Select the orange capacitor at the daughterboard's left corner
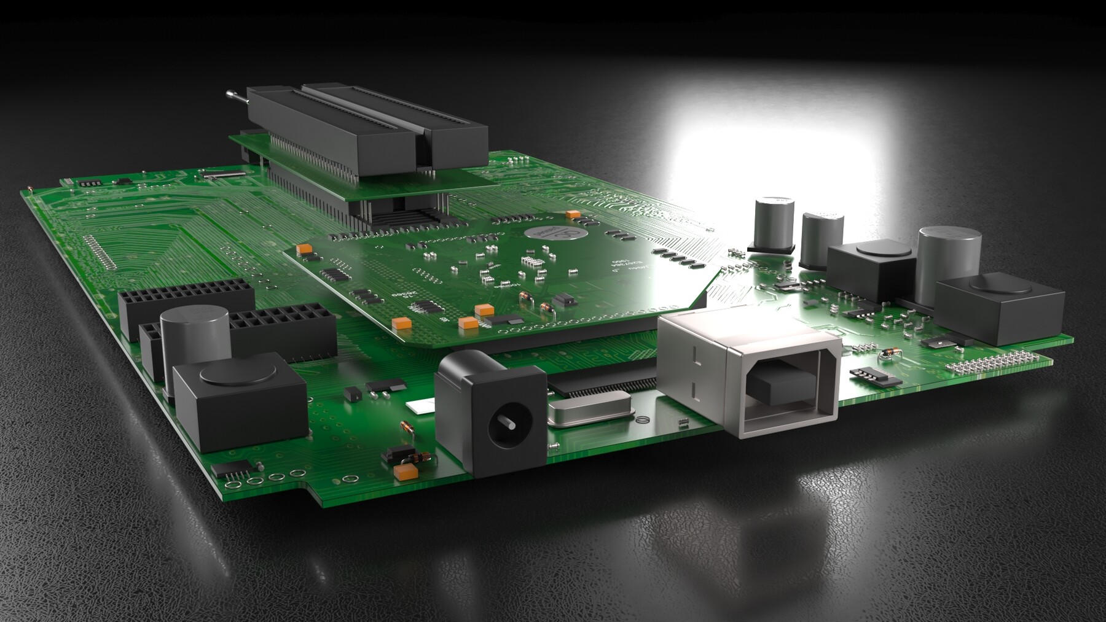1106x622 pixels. point(303,249)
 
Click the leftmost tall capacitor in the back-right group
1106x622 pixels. point(772,222)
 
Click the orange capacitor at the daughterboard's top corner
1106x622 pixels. point(573,214)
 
